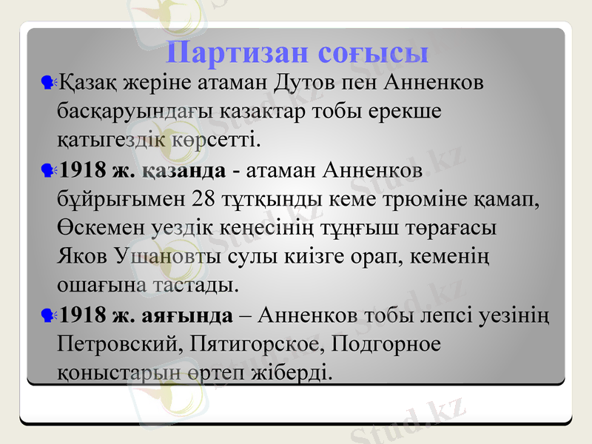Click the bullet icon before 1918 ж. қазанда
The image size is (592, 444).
[49, 171]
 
